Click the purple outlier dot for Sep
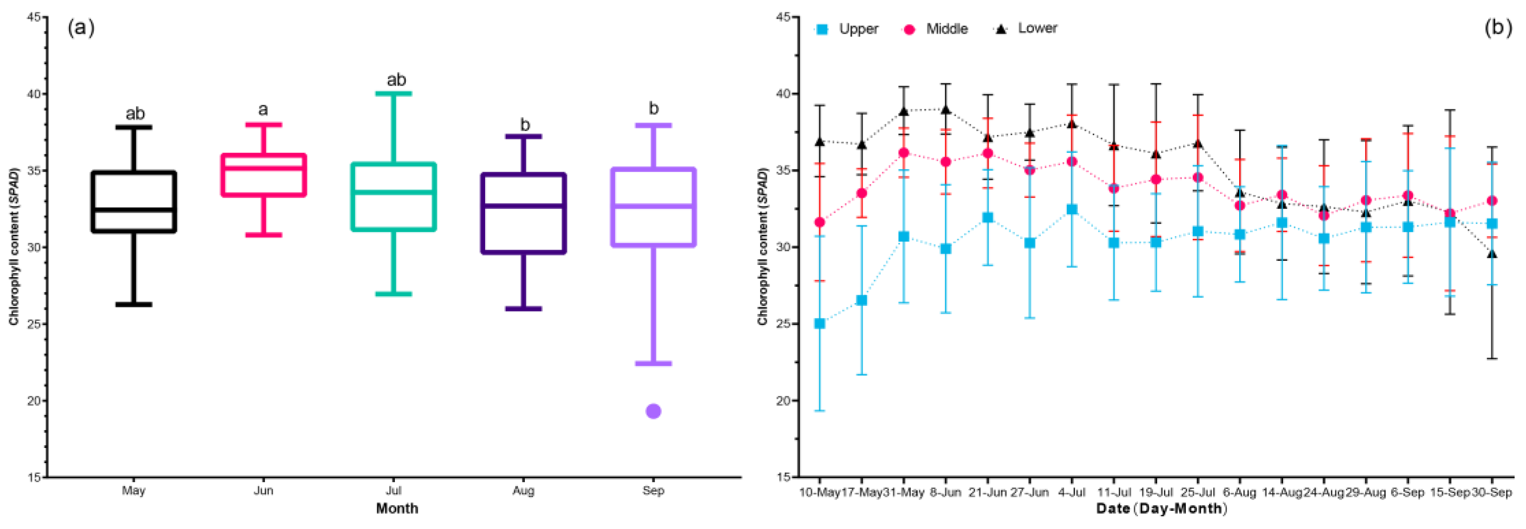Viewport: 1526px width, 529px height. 653,411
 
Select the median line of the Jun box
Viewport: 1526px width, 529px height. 263,168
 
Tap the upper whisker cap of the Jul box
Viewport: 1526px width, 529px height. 393,93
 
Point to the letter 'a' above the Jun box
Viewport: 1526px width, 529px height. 263,109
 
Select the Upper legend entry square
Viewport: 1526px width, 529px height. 822,29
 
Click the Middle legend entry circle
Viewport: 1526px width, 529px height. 909,29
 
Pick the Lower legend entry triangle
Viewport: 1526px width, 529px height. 1001,28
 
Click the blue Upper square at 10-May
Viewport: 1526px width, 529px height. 820,324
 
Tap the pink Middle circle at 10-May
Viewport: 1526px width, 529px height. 820,223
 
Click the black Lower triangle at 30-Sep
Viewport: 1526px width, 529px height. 1492,254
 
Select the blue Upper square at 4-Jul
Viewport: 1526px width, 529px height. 1071,209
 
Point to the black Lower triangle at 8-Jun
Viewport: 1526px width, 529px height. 946,110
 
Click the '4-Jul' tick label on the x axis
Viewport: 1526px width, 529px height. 1071,492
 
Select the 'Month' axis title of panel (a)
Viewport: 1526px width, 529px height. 397,509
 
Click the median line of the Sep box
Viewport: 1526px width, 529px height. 653,206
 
